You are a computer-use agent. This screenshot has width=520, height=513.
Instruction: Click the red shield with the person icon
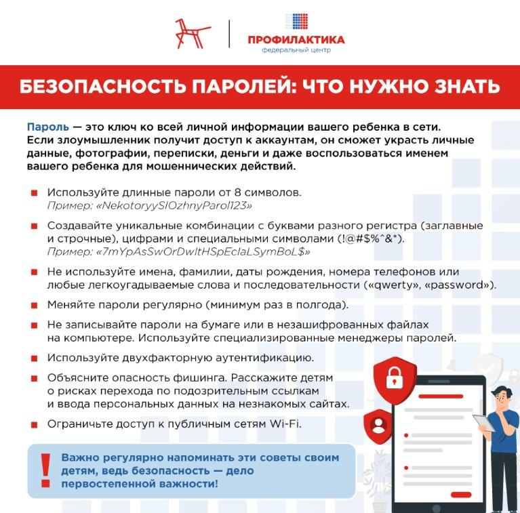click(377, 425)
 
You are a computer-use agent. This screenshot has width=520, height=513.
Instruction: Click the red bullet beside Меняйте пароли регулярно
click(33, 304)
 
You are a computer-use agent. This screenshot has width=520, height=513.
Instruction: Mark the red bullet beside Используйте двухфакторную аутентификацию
click(33, 358)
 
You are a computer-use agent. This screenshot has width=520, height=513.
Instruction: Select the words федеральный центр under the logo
click(296, 52)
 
